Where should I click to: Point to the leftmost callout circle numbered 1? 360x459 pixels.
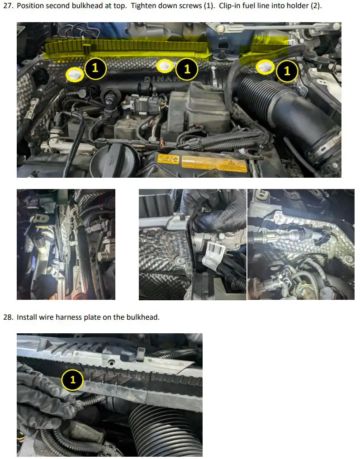pos(95,68)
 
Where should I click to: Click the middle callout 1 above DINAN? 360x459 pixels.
pos(187,69)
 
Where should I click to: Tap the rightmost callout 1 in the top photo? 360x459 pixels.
pos(287,71)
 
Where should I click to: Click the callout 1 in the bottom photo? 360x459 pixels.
pos(72,380)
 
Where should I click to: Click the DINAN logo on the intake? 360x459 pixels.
pos(162,79)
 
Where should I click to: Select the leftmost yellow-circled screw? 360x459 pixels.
pos(75,74)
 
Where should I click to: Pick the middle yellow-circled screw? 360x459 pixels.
pos(166,66)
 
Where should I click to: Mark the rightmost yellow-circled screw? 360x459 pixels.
pos(265,67)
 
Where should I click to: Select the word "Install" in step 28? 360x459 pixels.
pos(27,317)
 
